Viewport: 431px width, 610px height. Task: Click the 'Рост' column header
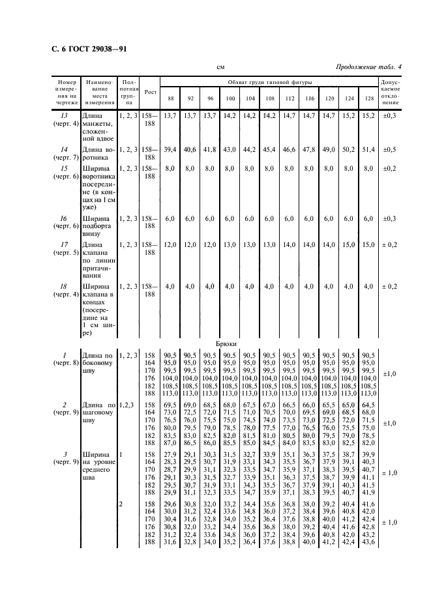coord(150,92)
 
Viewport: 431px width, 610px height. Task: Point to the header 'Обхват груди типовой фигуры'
coord(269,83)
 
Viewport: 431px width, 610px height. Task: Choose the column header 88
coord(170,98)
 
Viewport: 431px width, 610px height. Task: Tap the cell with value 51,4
coord(368,149)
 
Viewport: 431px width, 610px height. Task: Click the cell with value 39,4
coord(170,149)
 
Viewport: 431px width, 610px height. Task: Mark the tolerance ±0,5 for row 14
coord(391,149)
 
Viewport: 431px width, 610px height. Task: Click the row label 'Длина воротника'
coord(97,153)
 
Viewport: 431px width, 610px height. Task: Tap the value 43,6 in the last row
coord(368,542)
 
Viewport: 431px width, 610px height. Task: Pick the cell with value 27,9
coord(170,454)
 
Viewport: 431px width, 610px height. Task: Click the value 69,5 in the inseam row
coord(170,405)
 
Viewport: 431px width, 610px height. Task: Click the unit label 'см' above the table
coord(220,67)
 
